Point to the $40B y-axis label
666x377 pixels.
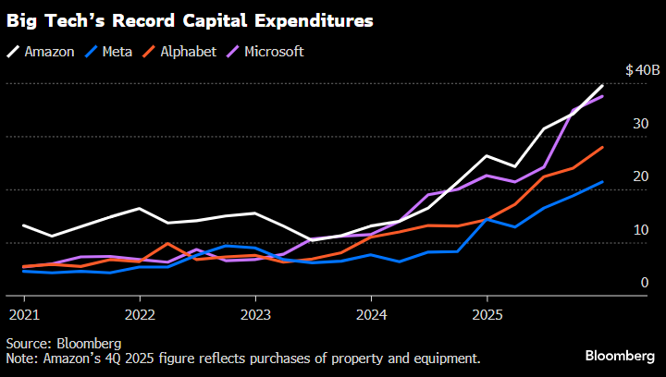(x=641, y=70)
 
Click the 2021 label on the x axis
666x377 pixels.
(x=24, y=313)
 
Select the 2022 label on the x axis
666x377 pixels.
(x=140, y=313)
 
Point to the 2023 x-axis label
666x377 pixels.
(x=255, y=313)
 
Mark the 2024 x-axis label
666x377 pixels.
(x=371, y=313)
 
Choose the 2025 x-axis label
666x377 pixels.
(x=487, y=313)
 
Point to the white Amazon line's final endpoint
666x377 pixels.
(x=603, y=85)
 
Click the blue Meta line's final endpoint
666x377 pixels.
(x=603, y=182)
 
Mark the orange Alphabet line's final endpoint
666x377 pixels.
(x=603, y=147)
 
